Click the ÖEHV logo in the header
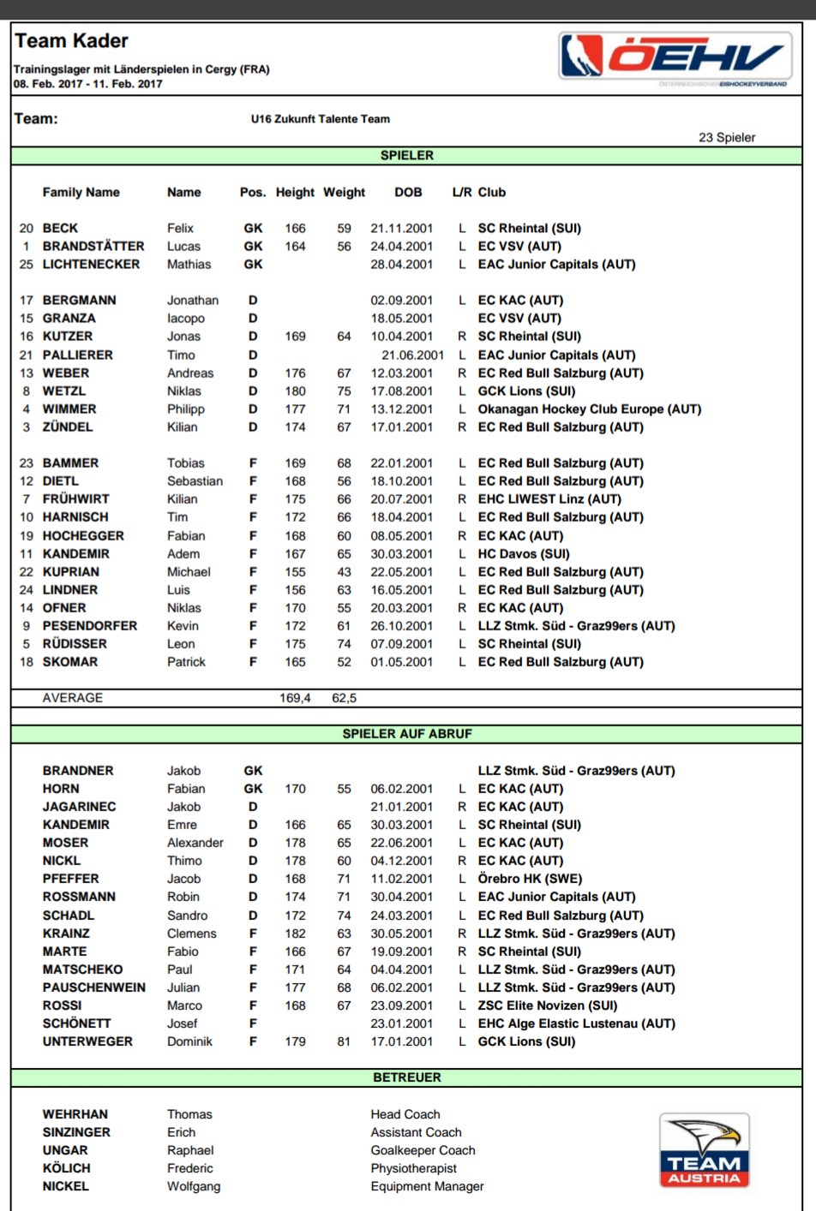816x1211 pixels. pos(675,57)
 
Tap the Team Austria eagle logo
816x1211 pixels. pos(705,1149)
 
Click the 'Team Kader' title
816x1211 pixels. pos(71,41)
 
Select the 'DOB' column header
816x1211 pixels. pos(408,193)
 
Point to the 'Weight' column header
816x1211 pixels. pos(344,193)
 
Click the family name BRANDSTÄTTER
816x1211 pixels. pos(93,247)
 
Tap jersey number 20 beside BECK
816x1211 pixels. pos(27,229)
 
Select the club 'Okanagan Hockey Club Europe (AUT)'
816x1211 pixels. pos(589,409)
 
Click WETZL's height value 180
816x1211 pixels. pos(295,391)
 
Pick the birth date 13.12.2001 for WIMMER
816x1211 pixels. pos(401,409)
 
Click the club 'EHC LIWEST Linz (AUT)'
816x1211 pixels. pos(549,499)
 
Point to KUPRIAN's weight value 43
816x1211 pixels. pos(344,572)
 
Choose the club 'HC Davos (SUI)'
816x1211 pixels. pos(524,554)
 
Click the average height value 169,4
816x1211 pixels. pos(295,698)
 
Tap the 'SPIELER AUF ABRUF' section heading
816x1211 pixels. pos(407,734)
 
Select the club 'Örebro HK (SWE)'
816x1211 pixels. pos(530,879)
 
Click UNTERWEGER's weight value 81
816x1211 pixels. pos(344,1041)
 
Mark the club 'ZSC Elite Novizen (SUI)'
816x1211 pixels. pos(547,1005)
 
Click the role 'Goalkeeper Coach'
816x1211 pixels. pos(423,1150)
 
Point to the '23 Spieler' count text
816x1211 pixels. pos(727,138)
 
